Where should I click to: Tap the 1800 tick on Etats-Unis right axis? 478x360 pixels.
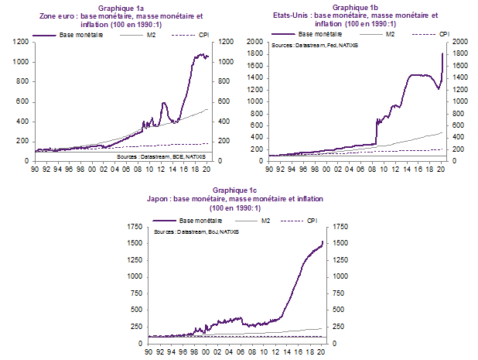pos(460,53)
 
